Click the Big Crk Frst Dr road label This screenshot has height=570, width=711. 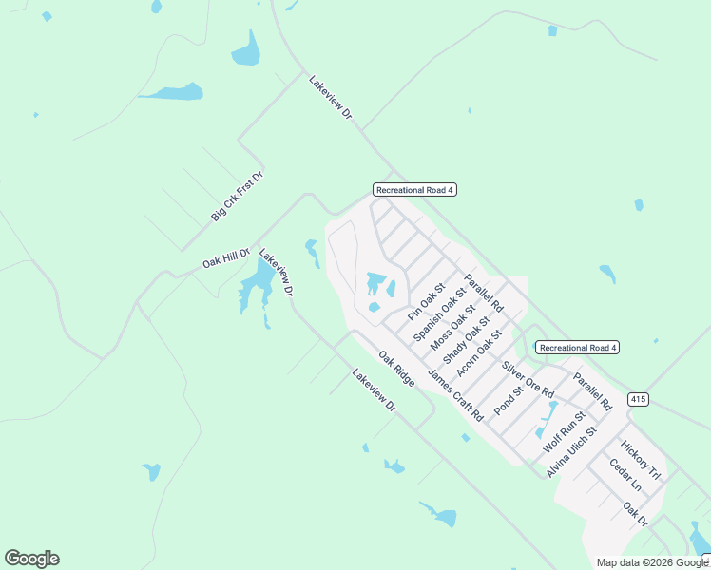point(237,197)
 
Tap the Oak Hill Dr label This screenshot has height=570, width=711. point(225,259)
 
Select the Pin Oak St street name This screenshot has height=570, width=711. point(426,300)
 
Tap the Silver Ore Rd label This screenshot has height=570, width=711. point(528,380)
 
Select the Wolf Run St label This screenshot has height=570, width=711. point(563,429)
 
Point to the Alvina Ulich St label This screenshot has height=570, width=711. point(570,450)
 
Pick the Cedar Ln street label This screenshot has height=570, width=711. point(625,475)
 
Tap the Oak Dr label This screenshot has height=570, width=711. point(635,514)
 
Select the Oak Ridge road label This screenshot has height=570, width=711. point(396,369)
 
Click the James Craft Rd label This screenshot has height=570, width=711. point(455,394)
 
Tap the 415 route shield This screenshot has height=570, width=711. point(638,400)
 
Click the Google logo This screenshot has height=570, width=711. point(31,559)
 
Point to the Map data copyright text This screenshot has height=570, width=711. point(651,562)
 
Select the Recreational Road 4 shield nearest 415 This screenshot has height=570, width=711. point(577,348)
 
